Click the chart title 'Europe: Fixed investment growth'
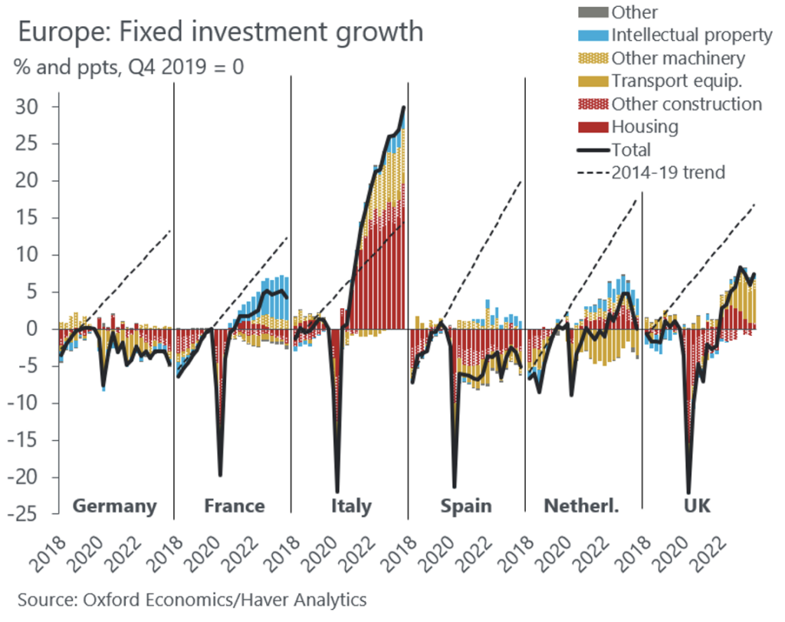tap(220, 32)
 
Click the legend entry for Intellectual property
tap(690, 35)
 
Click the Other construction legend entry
tap(686, 104)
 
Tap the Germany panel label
tap(114, 506)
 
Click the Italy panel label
tap(351, 506)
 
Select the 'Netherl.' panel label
tap(580, 506)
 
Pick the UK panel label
tap(695, 506)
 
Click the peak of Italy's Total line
tap(404, 107)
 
